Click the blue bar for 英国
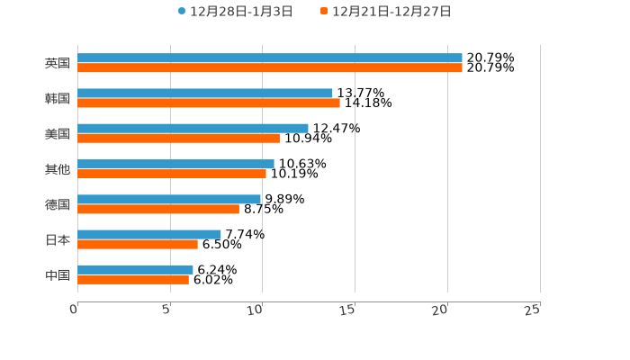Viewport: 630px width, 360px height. [270, 58]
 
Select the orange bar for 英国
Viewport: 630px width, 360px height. [270, 67]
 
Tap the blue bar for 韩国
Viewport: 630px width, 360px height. [205, 93]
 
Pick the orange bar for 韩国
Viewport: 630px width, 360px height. [209, 103]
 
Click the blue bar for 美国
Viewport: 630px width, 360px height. [193, 128]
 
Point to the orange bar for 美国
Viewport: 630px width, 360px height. [178, 138]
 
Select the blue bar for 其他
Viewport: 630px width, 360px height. [175, 164]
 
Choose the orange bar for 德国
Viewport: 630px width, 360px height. [158, 209]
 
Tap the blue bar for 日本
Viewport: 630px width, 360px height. [149, 234]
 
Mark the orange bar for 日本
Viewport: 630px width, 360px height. [138, 244]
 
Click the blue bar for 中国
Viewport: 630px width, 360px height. [135, 269]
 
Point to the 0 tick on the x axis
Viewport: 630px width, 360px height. [75, 310]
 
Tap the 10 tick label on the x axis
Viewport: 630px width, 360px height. [256, 310]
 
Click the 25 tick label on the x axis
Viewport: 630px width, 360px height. [533, 310]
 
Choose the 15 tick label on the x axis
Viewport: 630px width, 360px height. [348, 310]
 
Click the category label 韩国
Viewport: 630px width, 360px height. [58, 98]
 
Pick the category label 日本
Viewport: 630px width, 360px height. [58, 239]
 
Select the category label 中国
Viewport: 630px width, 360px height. [58, 274]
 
